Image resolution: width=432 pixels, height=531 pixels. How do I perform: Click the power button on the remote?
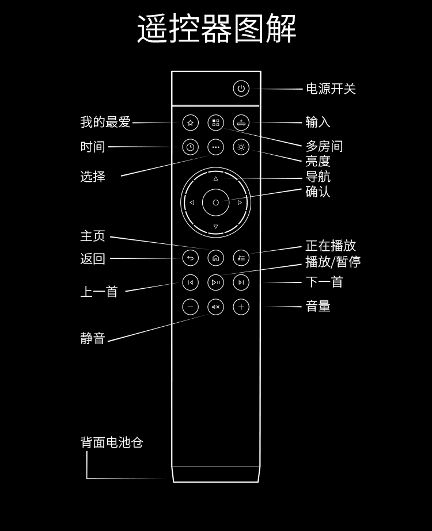tap(241, 89)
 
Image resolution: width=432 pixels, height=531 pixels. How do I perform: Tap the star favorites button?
tap(190, 123)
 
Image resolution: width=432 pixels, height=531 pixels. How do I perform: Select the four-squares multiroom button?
tap(215, 123)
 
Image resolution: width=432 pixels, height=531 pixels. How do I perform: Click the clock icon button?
tap(190, 147)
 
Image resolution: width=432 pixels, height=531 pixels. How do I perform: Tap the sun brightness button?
tap(241, 147)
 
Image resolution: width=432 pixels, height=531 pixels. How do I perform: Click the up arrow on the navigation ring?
tap(215, 178)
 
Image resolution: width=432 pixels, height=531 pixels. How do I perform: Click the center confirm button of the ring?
tap(215, 203)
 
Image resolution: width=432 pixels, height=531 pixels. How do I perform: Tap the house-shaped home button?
tap(215, 258)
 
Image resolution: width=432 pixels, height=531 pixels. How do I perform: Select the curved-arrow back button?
tap(190, 258)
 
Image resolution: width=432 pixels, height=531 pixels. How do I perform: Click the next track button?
tap(241, 282)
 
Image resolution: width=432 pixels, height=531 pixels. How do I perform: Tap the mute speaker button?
tap(215, 307)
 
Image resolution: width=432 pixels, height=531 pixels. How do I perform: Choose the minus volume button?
tap(190, 307)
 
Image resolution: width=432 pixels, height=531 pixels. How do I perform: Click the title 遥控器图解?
tap(217, 29)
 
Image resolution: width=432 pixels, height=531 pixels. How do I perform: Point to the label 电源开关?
tap(331, 89)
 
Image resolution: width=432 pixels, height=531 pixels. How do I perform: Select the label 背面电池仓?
tap(112, 442)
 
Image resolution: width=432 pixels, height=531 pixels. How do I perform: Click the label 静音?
tap(93, 338)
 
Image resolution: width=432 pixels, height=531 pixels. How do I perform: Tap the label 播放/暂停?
tap(333, 261)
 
